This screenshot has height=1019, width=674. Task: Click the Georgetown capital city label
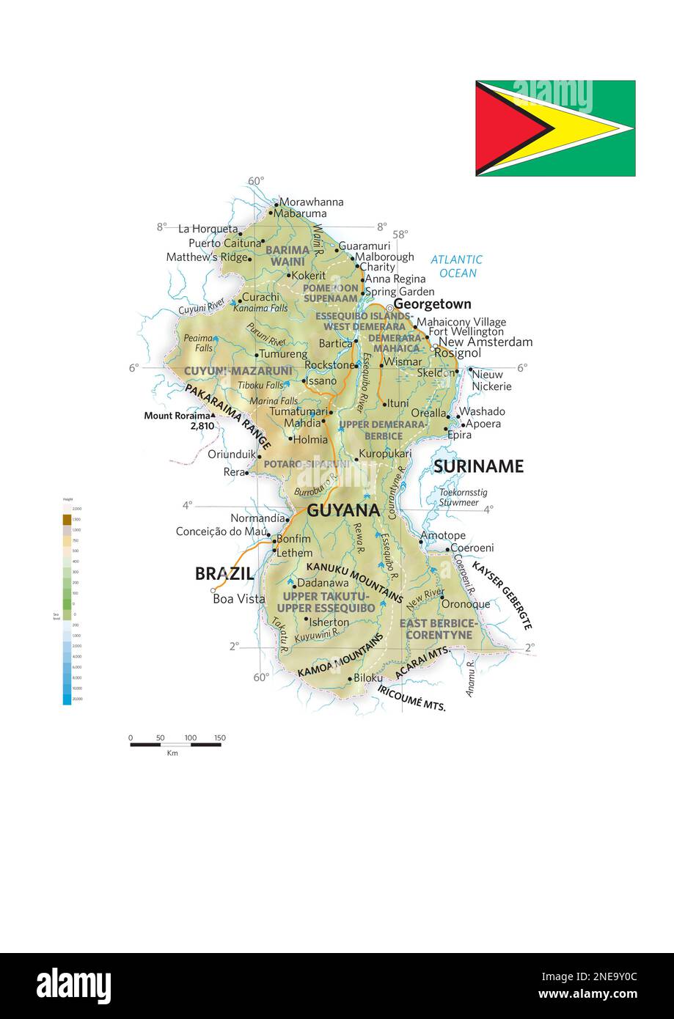pyautogui.click(x=432, y=304)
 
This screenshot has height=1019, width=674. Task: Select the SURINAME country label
pyautogui.click(x=478, y=466)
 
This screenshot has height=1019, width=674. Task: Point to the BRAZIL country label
pyautogui.click(x=224, y=574)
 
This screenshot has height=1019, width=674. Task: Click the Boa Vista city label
pyautogui.click(x=238, y=599)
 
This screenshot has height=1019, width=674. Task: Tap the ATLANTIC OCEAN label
pyautogui.click(x=456, y=266)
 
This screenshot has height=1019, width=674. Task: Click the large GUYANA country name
pyautogui.click(x=343, y=511)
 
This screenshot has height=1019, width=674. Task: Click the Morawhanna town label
pyautogui.click(x=311, y=202)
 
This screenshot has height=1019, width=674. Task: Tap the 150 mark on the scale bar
pyautogui.click(x=220, y=737)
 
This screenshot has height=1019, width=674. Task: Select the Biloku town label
pyautogui.click(x=368, y=678)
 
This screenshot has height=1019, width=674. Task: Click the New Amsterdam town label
pyautogui.click(x=486, y=342)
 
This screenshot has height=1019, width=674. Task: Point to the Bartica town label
pyautogui.click(x=335, y=343)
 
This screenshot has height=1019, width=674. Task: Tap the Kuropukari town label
pyautogui.click(x=385, y=454)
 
